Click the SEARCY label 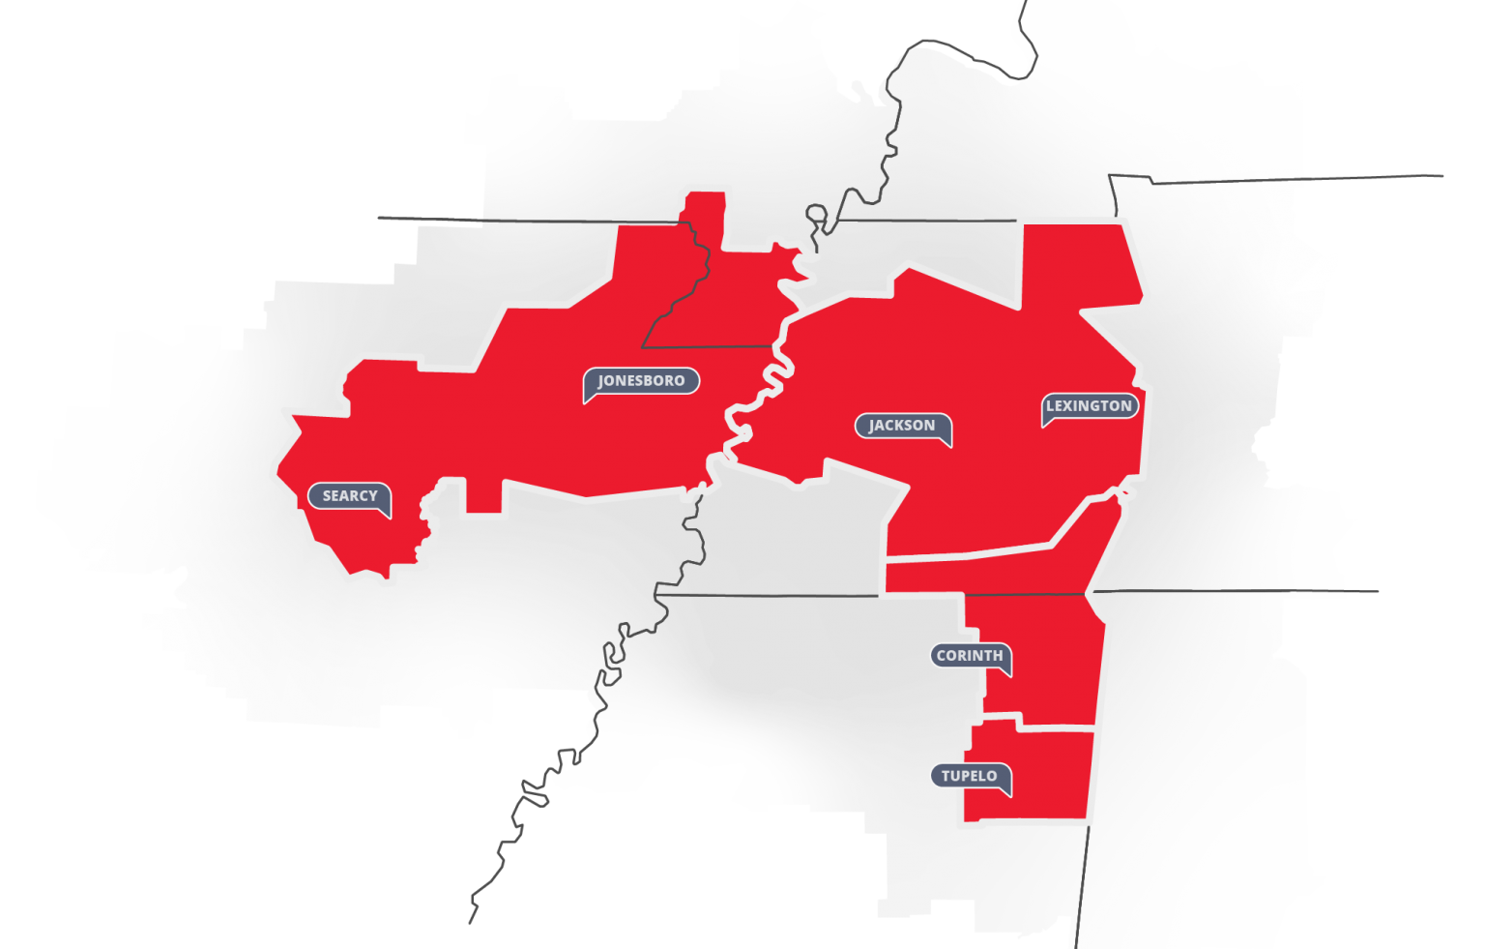pyautogui.click(x=349, y=495)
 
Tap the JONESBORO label pyautogui.click(x=641, y=381)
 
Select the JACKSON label pyautogui.click(x=902, y=426)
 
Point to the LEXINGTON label pyautogui.click(x=1089, y=406)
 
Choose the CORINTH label pyautogui.click(x=970, y=656)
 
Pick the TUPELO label pyautogui.click(x=970, y=776)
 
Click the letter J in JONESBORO pyautogui.click(x=602, y=381)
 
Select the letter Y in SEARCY pyautogui.click(x=373, y=495)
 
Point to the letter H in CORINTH pyautogui.click(x=998, y=656)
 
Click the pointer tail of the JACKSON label pyautogui.click(x=947, y=443)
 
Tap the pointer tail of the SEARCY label pyautogui.click(x=387, y=514)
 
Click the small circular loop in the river pyautogui.click(x=816, y=212)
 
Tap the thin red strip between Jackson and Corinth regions pyautogui.click(x=976, y=573)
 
